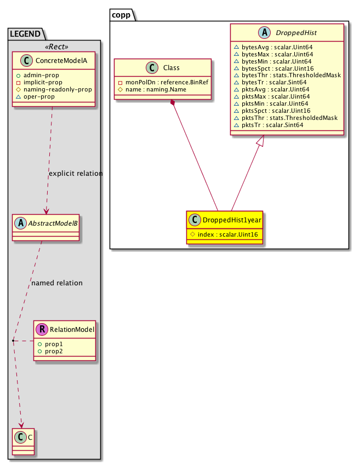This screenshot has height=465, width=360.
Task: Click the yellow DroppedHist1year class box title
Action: (231, 220)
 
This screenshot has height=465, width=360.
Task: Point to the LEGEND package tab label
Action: (25, 34)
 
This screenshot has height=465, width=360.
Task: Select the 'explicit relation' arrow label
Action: (76, 174)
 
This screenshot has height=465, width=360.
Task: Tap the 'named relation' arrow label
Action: (57, 283)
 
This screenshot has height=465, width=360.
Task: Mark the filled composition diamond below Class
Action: (173, 103)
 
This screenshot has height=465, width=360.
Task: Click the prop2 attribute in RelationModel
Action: (54, 351)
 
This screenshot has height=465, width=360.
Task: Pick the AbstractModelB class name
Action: (50, 222)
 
